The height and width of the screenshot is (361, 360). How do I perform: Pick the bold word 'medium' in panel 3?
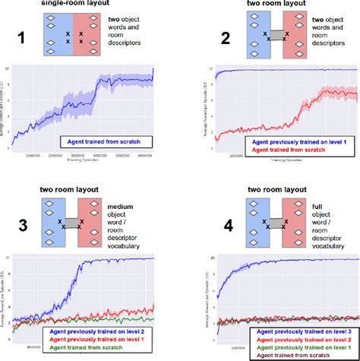coord(128,206)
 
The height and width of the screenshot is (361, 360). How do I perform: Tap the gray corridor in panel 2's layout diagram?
coord(277,35)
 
